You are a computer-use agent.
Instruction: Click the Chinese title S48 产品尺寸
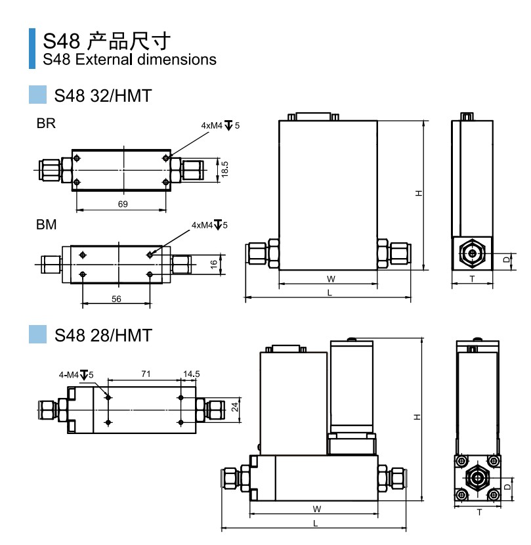[x=107, y=41]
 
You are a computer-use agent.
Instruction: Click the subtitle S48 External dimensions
[x=129, y=60]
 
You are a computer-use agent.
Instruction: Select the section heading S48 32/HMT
[x=103, y=96]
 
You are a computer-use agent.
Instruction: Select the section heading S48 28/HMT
[x=103, y=336]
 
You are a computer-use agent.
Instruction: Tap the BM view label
[x=46, y=225]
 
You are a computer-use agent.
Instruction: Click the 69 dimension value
[x=123, y=204]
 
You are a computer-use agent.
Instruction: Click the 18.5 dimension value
[x=224, y=169]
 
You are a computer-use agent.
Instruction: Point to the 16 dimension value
[x=213, y=264]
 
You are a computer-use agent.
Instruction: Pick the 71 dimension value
[x=146, y=374]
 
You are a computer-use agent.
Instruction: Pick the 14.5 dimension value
[x=192, y=374]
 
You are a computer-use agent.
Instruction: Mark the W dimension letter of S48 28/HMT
[x=316, y=509]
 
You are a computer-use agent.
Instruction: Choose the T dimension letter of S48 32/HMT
[x=472, y=278]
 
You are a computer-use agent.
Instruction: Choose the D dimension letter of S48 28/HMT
[x=507, y=487]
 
